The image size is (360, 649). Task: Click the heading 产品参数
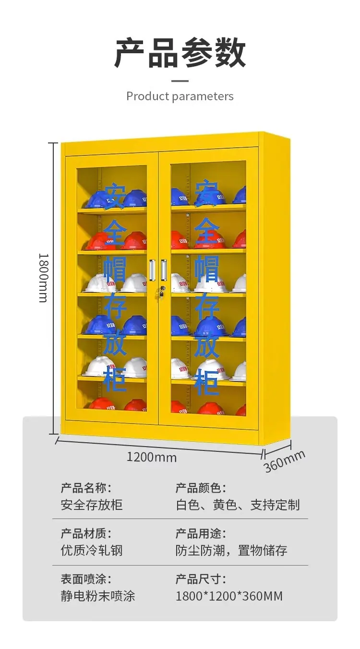180,53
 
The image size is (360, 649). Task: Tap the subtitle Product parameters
180,96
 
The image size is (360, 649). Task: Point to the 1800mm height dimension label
44,278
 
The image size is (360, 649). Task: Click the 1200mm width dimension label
152,457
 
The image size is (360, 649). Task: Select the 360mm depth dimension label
285,461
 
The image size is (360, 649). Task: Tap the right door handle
164,270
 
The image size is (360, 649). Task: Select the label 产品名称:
86,488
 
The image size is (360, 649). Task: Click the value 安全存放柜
92,505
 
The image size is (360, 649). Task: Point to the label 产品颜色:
201,488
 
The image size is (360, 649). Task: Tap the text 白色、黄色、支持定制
238,505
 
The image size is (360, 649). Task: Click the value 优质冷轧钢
92,550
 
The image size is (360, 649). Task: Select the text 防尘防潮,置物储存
231,550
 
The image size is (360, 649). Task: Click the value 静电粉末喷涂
98,596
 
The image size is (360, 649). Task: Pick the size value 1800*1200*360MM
229,596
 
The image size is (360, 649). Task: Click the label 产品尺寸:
201,579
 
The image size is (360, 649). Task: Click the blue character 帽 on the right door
206,270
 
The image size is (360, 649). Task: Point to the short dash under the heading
180,81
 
